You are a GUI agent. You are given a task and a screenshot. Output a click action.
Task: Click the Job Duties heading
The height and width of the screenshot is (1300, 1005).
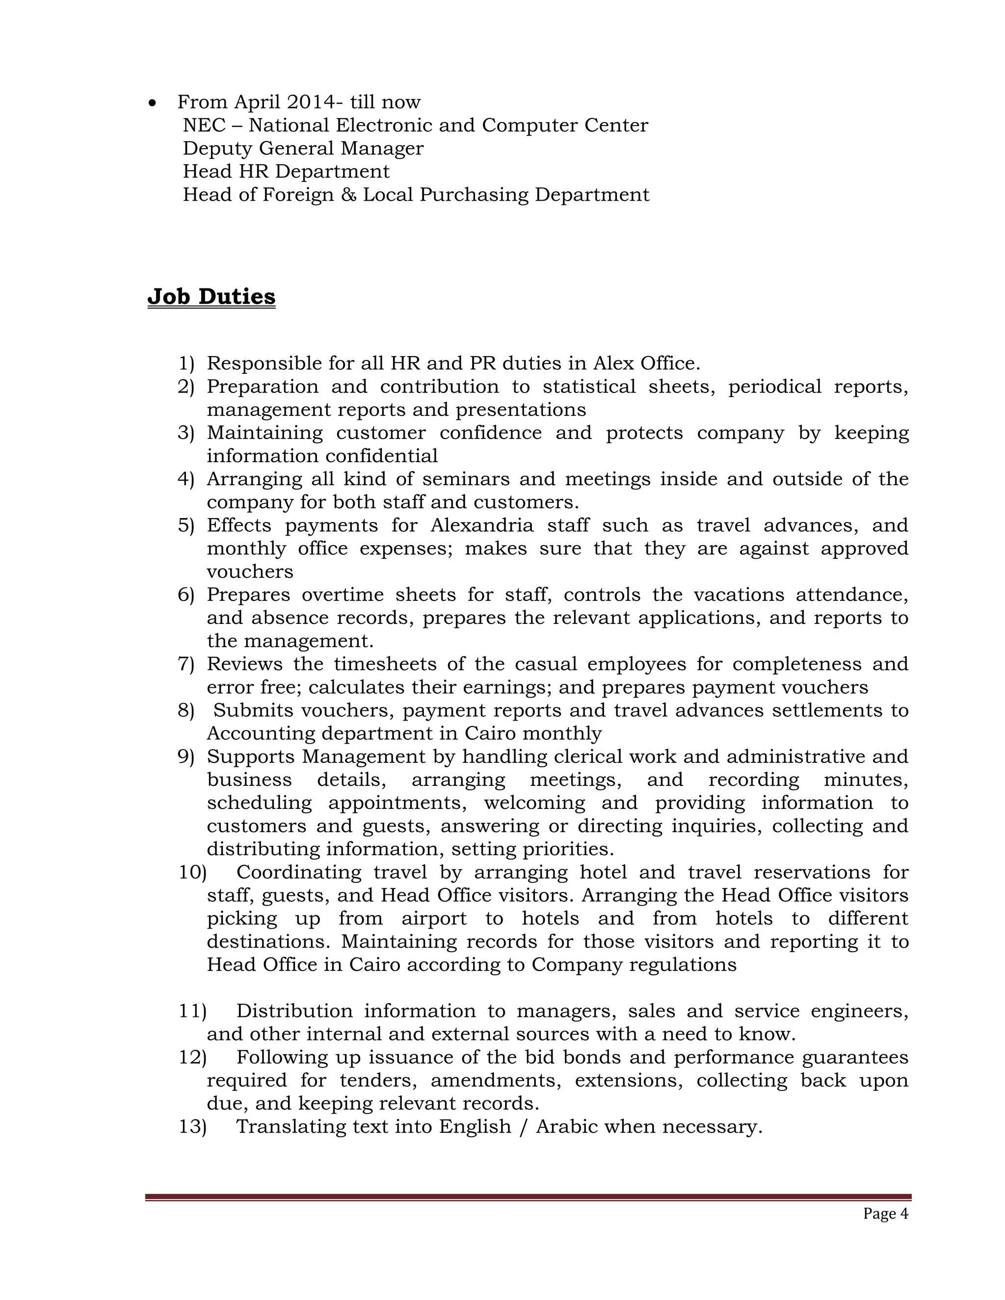pos(212,296)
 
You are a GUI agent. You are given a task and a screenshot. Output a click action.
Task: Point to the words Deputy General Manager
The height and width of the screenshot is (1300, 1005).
pos(303,148)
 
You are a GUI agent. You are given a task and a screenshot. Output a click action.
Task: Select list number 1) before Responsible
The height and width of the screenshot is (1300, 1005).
pos(186,363)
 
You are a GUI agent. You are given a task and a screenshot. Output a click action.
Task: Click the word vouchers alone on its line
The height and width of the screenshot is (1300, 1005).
pos(250,572)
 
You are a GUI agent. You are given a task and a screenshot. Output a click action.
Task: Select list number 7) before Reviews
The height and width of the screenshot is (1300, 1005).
pos(186,664)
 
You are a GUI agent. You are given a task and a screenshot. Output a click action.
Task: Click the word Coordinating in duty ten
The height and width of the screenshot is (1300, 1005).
pos(298,873)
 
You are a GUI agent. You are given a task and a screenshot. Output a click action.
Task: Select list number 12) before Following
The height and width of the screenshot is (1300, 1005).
pos(192,1058)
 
